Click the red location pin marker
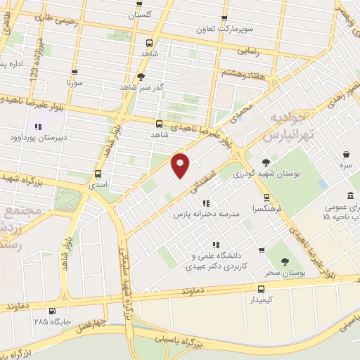pos(181,165)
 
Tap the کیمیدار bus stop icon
pos(262,288)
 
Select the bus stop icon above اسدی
pos(98,174)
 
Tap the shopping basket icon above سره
pos(347,154)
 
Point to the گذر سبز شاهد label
pos(141,88)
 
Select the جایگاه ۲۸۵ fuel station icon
pos(51,310)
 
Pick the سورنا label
pos(75,82)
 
